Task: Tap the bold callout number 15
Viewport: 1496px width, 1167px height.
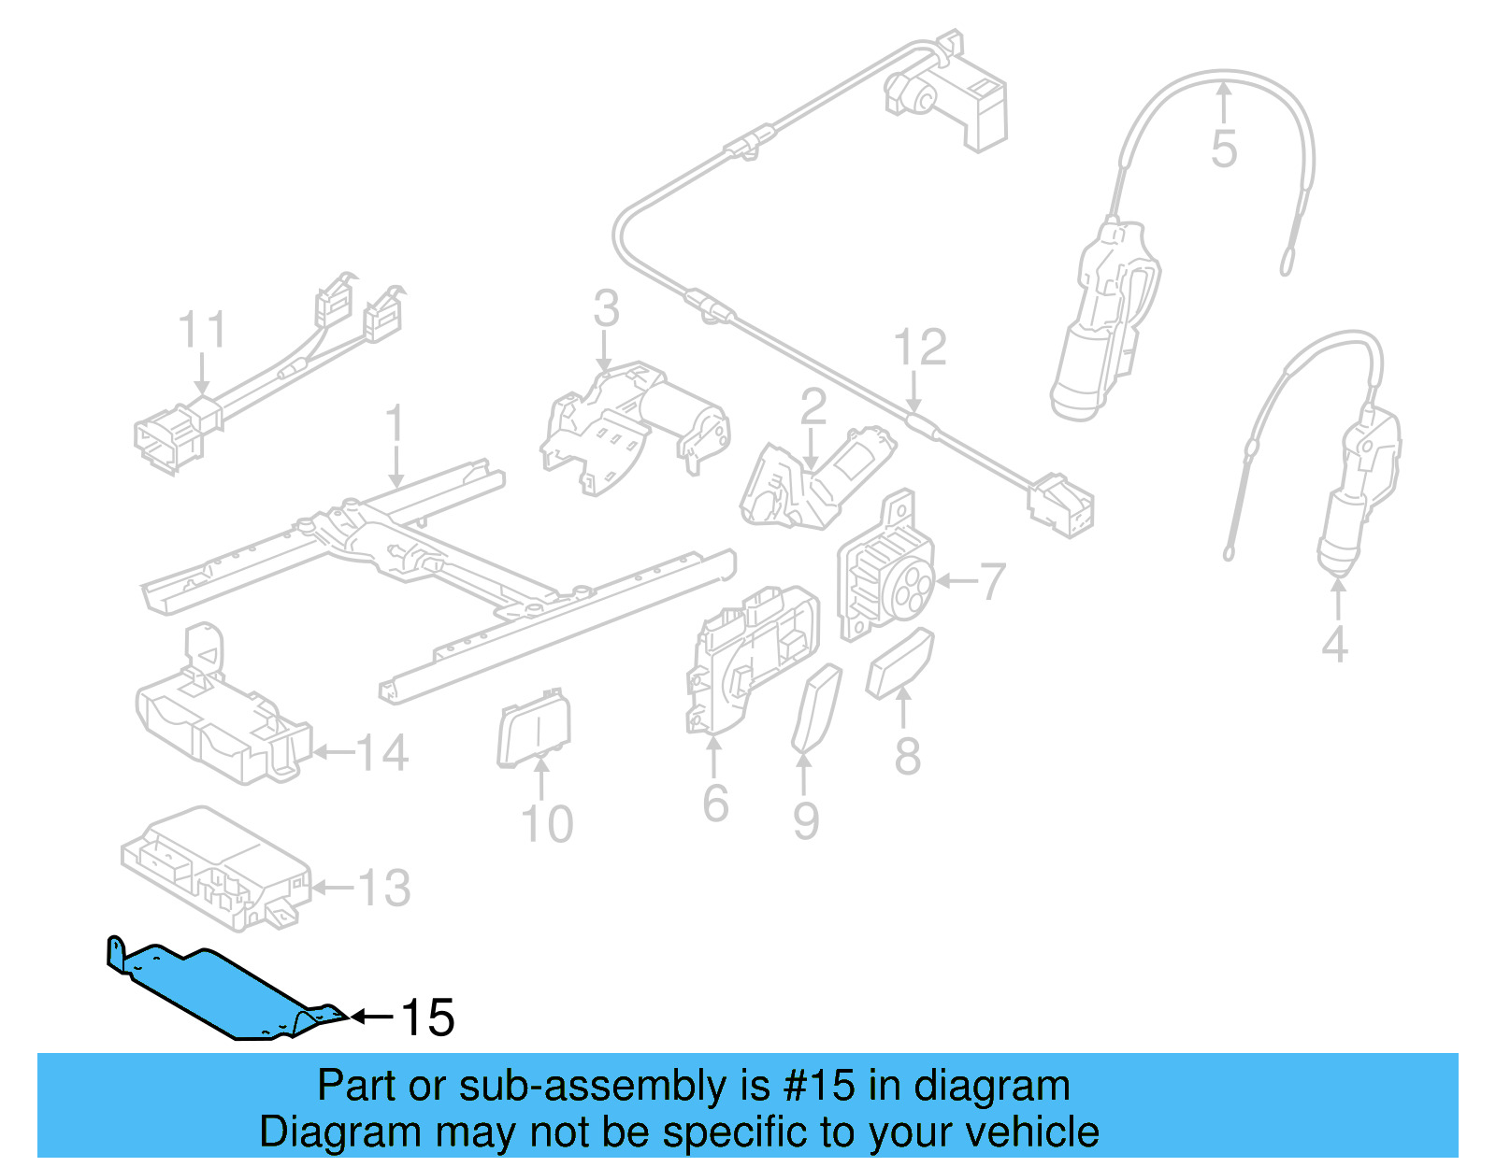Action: [x=427, y=1018]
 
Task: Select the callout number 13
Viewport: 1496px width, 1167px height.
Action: [x=384, y=888]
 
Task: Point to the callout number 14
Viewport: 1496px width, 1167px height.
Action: [x=382, y=753]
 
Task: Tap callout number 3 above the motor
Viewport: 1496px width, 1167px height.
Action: [x=606, y=308]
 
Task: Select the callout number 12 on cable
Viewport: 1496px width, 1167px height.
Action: [x=920, y=348]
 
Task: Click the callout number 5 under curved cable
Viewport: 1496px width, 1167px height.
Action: [x=1224, y=149]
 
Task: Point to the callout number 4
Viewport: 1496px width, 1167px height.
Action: [x=1335, y=645]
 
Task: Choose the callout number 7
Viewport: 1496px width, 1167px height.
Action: [x=992, y=581]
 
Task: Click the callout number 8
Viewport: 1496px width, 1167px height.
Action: [x=907, y=757]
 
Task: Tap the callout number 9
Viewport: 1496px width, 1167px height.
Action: [x=806, y=820]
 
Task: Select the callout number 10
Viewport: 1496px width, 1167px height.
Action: [x=547, y=824]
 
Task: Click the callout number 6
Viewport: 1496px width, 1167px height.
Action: [x=715, y=804]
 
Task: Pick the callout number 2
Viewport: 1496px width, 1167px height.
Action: [x=813, y=407]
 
